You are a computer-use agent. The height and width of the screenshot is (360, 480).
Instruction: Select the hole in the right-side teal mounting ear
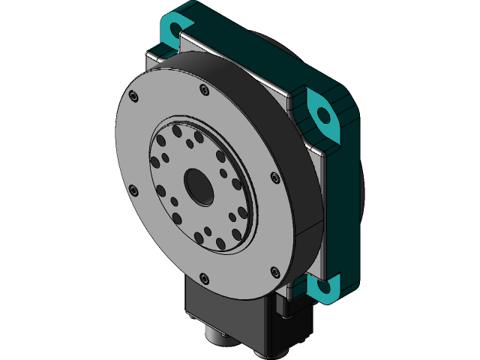324,115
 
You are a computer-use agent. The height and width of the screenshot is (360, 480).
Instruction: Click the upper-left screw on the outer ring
133,96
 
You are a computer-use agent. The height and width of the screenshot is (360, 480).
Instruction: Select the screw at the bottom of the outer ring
204,278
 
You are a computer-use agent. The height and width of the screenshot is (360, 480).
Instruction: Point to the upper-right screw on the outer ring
275,178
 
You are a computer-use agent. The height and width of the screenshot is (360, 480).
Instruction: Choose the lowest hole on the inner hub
222,244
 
